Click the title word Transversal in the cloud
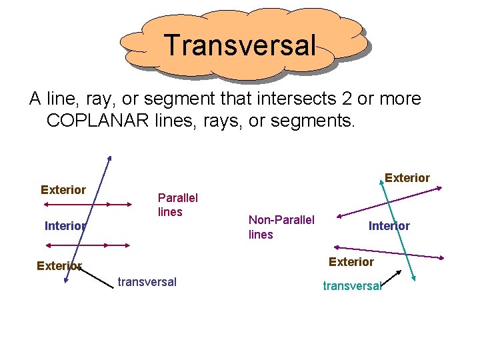[240, 45]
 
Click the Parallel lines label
[177, 205]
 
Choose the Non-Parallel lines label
[281, 227]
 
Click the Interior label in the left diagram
[65, 226]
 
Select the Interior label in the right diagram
[389, 226]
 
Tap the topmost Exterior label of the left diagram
[63, 190]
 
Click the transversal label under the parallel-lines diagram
[147, 282]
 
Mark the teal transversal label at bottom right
[351, 286]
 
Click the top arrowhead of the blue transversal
[109, 159]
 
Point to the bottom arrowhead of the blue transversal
[67, 282]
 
